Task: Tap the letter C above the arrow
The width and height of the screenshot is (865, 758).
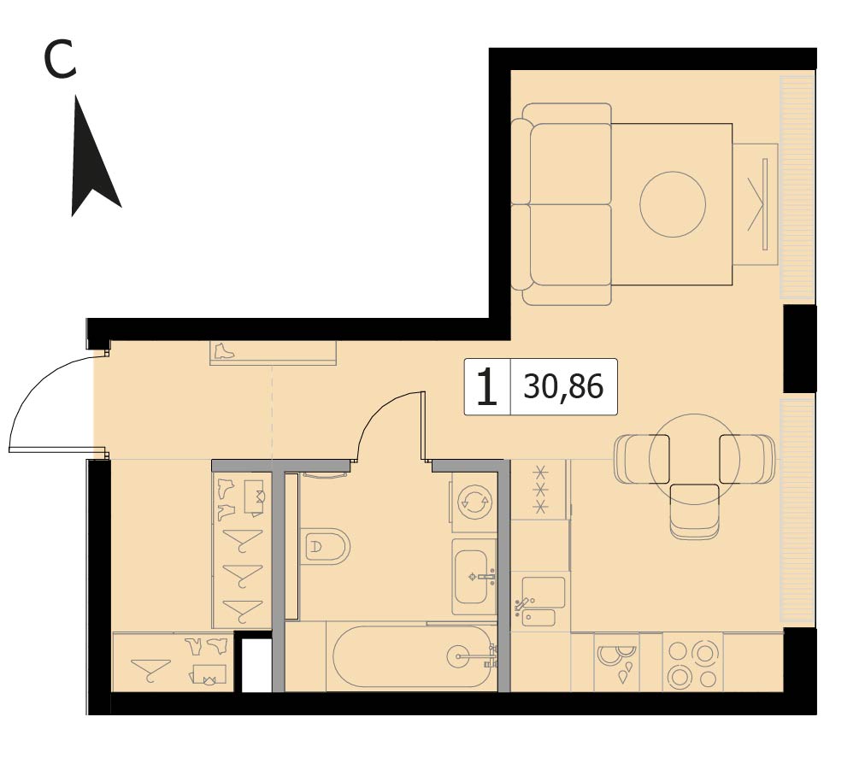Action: (60, 60)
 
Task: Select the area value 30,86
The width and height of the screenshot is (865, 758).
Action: (563, 387)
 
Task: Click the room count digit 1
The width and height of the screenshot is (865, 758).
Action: (487, 387)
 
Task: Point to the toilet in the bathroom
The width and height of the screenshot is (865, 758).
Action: (325, 547)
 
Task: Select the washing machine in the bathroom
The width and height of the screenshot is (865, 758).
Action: (474, 502)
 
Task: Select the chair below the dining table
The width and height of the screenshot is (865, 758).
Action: (695, 511)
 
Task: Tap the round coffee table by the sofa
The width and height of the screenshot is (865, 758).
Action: (673, 204)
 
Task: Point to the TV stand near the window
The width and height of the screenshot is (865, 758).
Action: (756, 204)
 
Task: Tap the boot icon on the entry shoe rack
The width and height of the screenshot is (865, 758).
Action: (224, 351)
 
